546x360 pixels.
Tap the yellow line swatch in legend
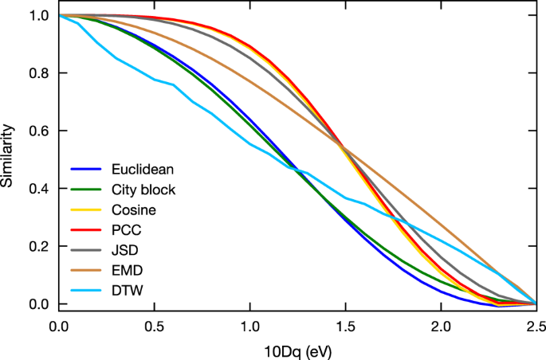(x=88, y=210)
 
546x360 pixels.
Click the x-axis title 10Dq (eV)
(x=297, y=350)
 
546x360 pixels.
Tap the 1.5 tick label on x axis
(x=345, y=326)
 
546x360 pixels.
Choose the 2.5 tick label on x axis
(x=536, y=326)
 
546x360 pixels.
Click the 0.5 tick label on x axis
(x=154, y=326)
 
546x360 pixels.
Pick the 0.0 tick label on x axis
(x=58, y=326)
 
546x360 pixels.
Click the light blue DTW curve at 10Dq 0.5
(x=154, y=80)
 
